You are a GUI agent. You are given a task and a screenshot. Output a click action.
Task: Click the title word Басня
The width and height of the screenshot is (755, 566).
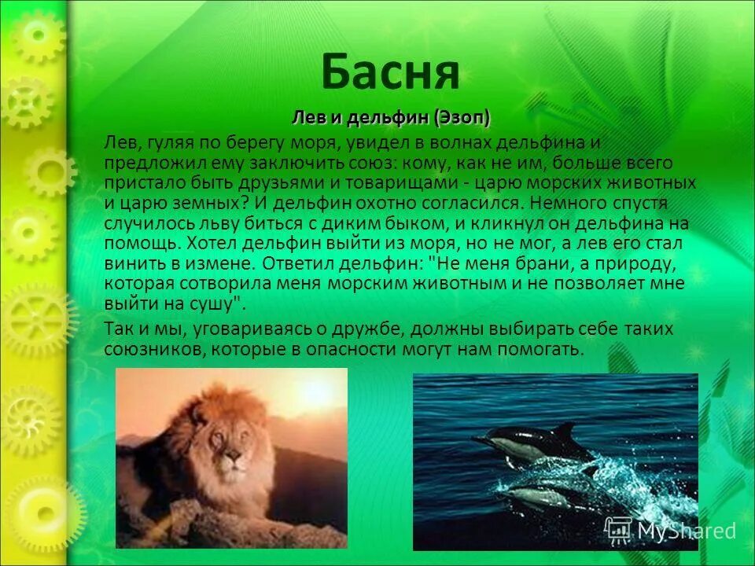tap(390, 72)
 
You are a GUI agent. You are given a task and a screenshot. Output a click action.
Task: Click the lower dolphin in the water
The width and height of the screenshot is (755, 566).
tap(543, 496)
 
